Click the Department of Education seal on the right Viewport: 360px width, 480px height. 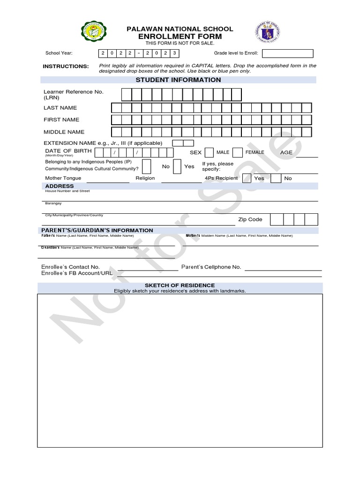click(x=268, y=35)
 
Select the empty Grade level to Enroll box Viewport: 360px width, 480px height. click(x=288, y=53)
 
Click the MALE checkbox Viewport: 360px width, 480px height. click(x=209, y=152)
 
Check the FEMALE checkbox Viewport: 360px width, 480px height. click(x=238, y=152)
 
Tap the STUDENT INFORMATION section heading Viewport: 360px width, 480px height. click(x=178, y=80)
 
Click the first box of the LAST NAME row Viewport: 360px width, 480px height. click(x=116, y=108)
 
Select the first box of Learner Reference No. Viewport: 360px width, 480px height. click(x=127, y=95)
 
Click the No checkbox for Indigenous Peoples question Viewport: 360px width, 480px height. click(x=147, y=166)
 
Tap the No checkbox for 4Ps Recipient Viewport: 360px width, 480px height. click(x=276, y=178)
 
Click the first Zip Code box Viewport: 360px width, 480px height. click(x=277, y=219)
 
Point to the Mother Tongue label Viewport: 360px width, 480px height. click(x=63, y=178)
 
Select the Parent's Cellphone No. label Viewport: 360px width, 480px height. click(x=211, y=267)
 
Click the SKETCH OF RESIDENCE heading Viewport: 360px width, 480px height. click(x=180, y=285)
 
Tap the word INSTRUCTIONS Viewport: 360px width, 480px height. click(x=66, y=67)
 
